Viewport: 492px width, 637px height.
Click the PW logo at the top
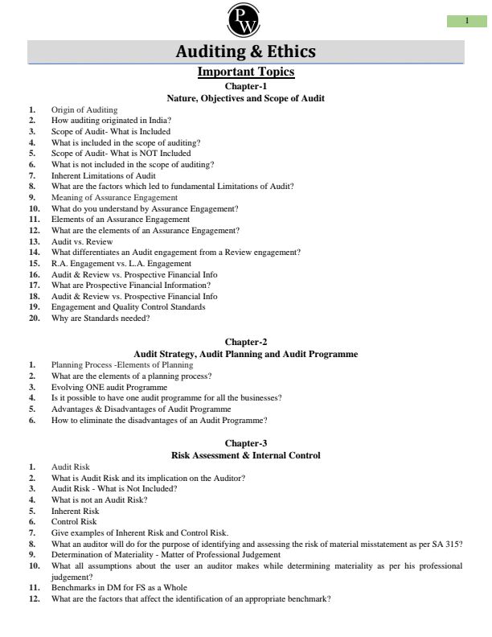point(245,20)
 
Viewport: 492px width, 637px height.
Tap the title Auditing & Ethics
point(245,52)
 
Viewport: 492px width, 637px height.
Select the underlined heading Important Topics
point(245,72)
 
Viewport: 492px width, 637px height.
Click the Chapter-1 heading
point(245,86)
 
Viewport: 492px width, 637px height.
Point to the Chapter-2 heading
point(245,342)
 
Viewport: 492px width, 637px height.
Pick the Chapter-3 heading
point(245,443)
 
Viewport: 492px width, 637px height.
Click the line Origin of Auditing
point(84,109)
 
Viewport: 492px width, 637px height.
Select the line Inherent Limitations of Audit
point(104,175)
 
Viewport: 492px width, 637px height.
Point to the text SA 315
point(450,544)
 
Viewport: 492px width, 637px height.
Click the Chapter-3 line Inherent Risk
point(76,511)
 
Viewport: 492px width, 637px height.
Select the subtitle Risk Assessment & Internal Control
point(245,455)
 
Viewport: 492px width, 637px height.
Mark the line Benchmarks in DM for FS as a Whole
point(119,588)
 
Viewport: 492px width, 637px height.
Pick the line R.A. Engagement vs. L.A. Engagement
point(121,263)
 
